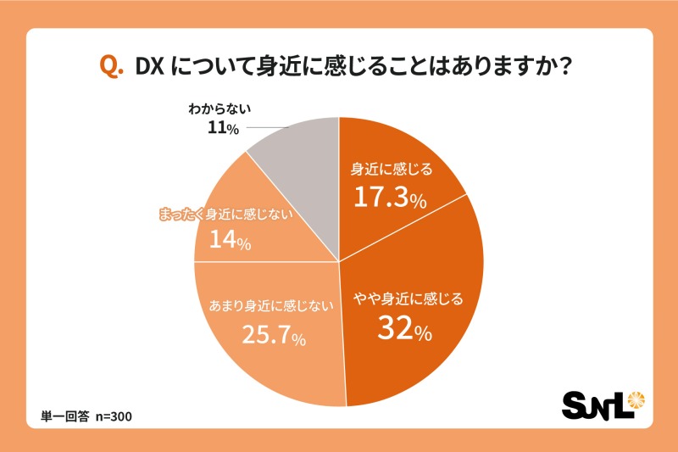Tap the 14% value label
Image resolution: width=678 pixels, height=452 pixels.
(230, 241)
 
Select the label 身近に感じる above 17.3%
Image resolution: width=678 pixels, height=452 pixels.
(392, 170)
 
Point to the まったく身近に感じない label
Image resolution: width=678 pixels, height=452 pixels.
(225, 214)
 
